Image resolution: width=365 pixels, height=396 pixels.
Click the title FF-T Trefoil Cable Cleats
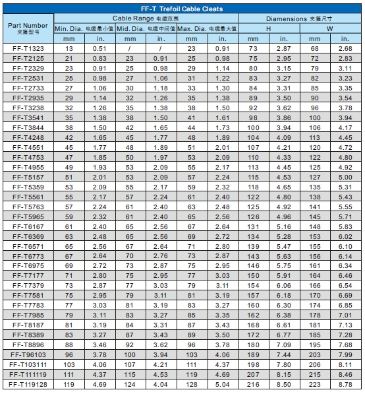(x=182, y=9)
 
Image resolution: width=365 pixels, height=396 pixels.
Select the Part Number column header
(x=28, y=28)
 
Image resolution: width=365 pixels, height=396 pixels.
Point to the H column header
(x=268, y=29)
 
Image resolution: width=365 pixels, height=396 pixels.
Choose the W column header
(x=330, y=29)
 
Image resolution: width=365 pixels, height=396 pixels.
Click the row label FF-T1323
(x=28, y=49)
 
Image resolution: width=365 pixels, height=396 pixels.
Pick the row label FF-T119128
(x=28, y=383)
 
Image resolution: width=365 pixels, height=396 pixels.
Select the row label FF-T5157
(x=28, y=177)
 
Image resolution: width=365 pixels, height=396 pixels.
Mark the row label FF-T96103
(x=28, y=354)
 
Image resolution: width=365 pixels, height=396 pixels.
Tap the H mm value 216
(x=253, y=383)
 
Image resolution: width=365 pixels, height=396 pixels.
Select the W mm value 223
(x=314, y=383)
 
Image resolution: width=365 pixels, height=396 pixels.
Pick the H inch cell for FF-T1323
(x=283, y=49)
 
